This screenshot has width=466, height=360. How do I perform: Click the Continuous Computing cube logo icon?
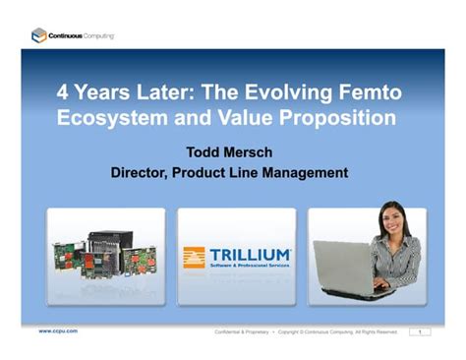[x=38, y=35]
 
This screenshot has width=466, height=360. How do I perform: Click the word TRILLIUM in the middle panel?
[x=250, y=254]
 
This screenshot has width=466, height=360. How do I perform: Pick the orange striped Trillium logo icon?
[x=194, y=258]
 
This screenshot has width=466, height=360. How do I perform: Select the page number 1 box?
[x=420, y=331]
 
